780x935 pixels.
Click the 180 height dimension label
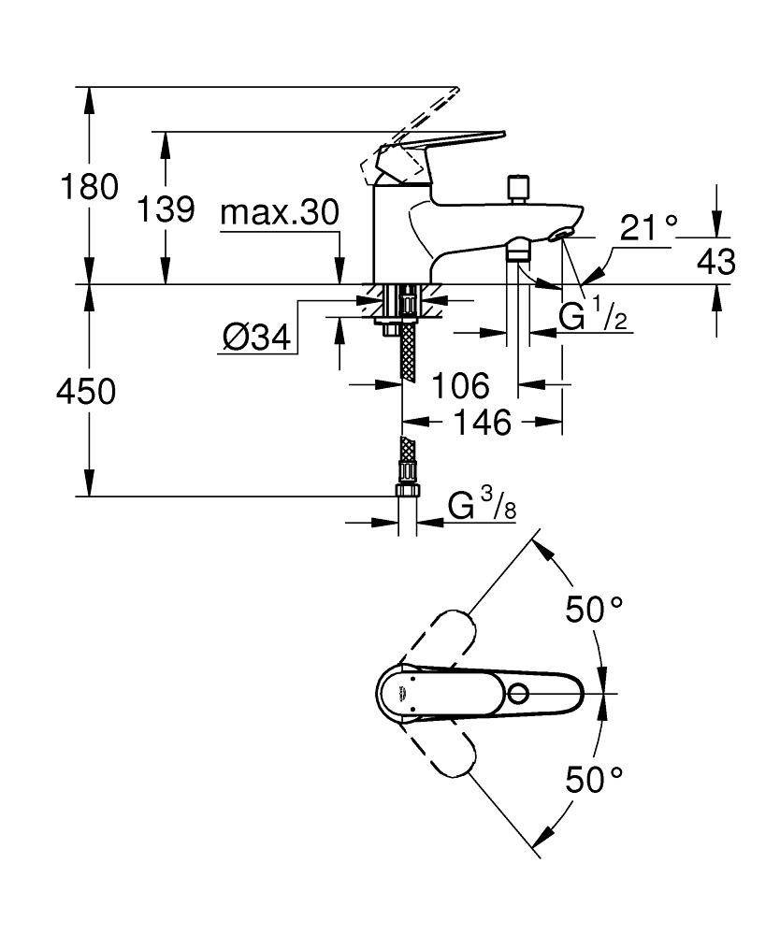coord(90,187)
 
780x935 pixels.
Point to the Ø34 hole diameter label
coord(256,338)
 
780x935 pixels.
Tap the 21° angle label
coord(648,227)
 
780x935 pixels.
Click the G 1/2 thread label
coord(590,319)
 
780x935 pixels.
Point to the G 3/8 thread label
coord(482,507)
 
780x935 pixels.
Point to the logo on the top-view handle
coord(398,693)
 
